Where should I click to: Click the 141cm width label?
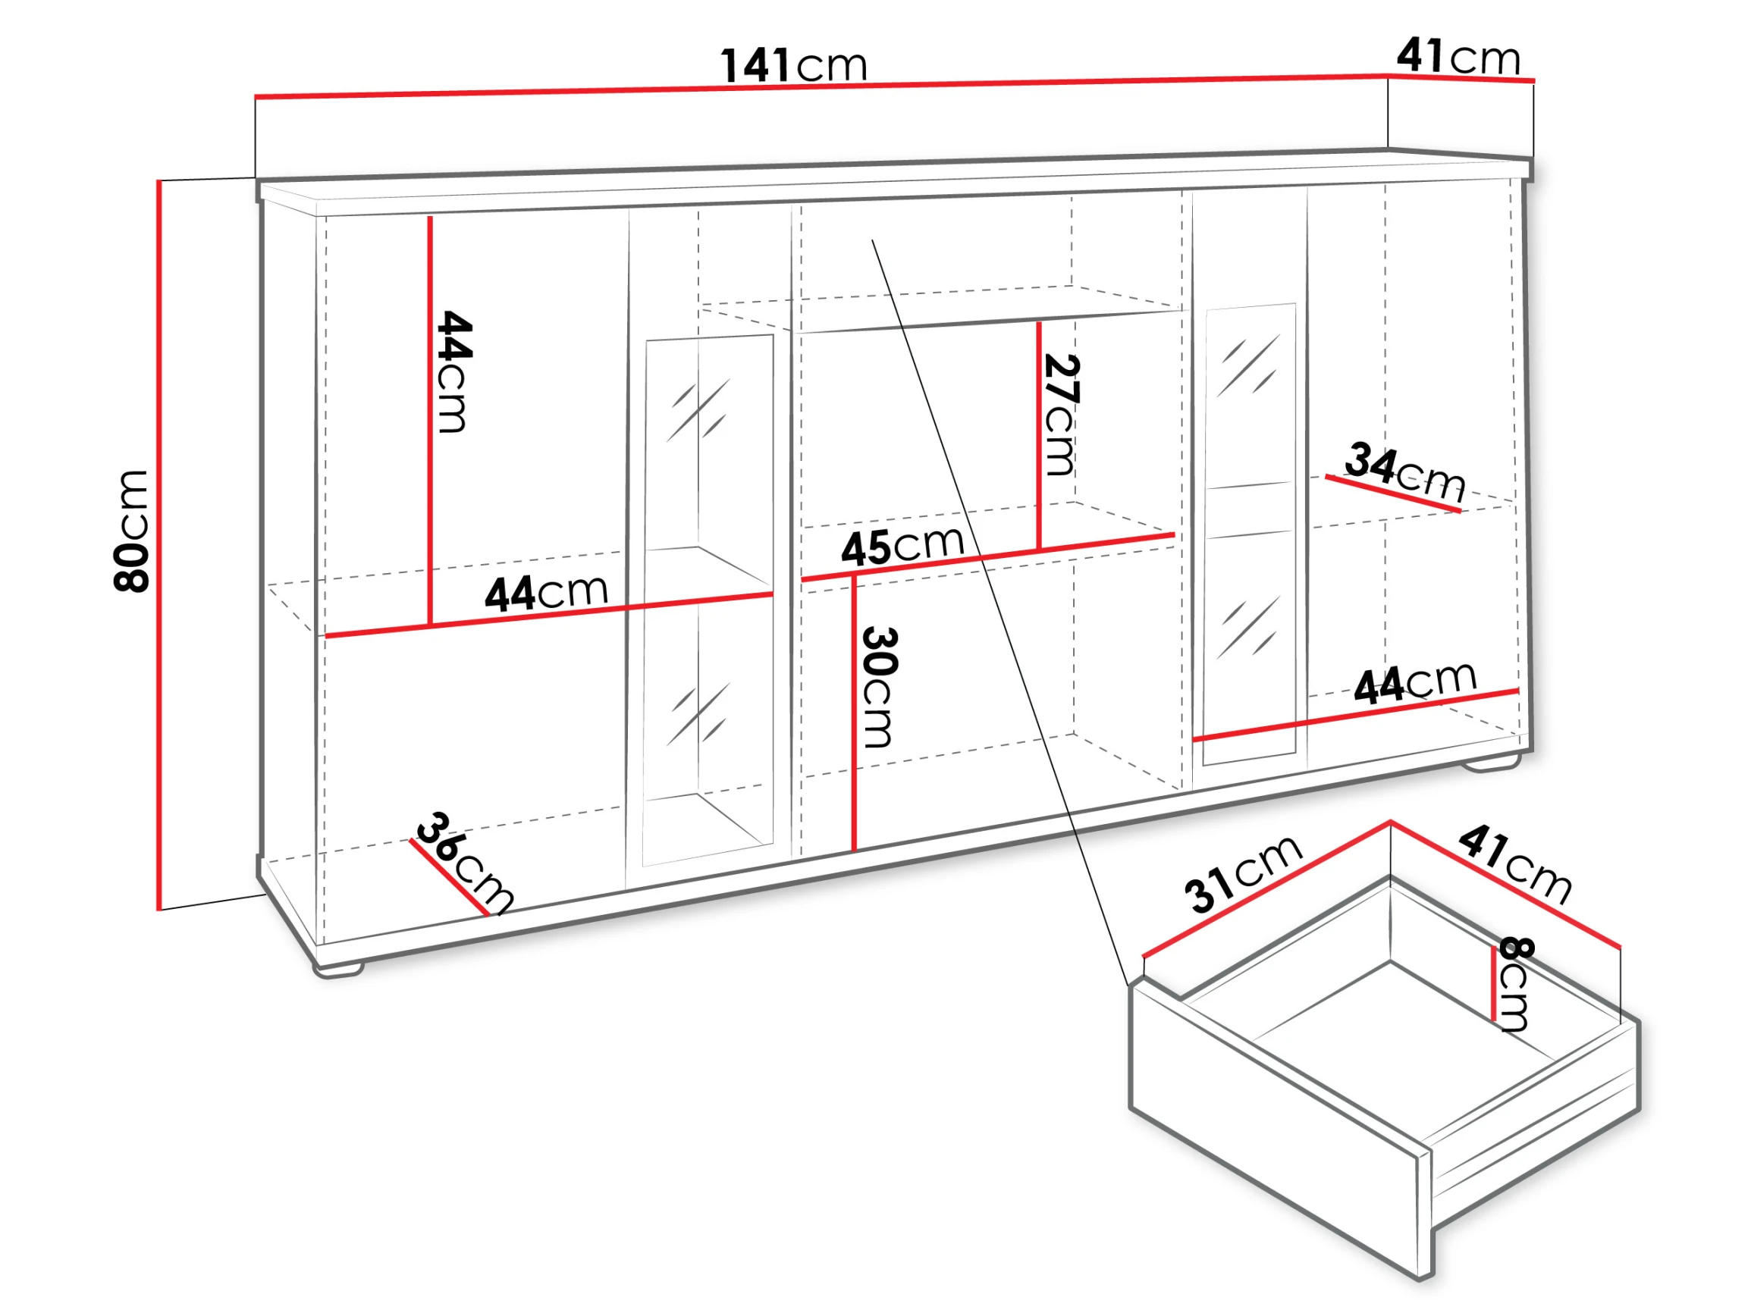pyautogui.click(x=794, y=65)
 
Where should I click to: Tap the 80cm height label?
pyautogui.click(x=131, y=531)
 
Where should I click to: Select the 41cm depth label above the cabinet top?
pyautogui.click(x=1458, y=56)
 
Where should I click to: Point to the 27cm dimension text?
pyautogui.click(x=1062, y=415)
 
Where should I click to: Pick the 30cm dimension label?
pyautogui.click(x=879, y=687)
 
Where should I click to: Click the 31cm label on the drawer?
pyautogui.click(x=1243, y=874)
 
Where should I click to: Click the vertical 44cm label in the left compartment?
pyautogui.click(x=454, y=372)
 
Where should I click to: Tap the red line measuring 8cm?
pyautogui.click(x=1494, y=984)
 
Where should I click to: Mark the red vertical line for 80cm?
pyautogui.click(x=159, y=545)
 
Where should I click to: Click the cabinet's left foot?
pyautogui.click(x=339, y=969)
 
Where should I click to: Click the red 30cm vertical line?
pyautogui.click(x=855, y=714)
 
